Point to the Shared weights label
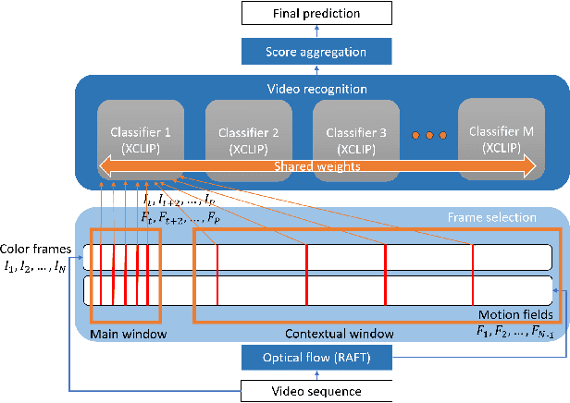point(316,166)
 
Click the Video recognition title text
point(316,91)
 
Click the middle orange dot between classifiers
point(429,136)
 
